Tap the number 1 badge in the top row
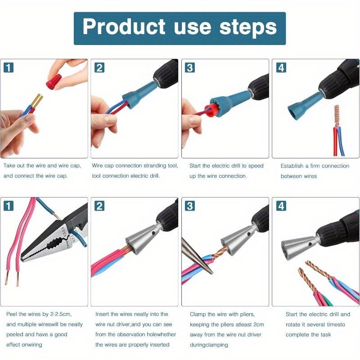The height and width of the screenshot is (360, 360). [9, 67]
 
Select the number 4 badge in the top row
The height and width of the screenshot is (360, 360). [281, 67]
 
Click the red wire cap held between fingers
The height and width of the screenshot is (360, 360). [53, 82]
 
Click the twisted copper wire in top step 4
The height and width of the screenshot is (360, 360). [335, 117]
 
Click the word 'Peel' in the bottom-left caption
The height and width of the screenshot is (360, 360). [12, 314]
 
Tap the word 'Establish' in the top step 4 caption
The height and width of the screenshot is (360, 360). [292, 166]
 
